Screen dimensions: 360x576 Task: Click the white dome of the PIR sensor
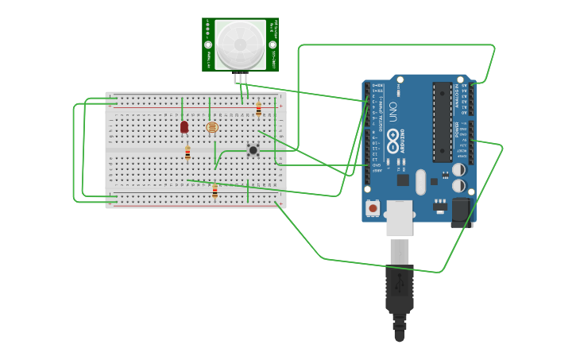pyautogui.click(x=240, y=45)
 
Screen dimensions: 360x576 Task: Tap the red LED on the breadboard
pyautogui.click(x=184, y=126)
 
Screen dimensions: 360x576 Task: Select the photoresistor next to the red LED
pyautogui.click(x=211, y=127)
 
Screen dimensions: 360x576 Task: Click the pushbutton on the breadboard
pyautogui.click(x=253, y=149)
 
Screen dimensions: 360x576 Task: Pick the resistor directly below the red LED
pyautogui.click(x=187, y=153)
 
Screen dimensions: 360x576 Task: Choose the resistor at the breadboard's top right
pyautogui.click(x=258, y=110)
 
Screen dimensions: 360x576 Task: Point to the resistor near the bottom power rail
pyautogui.click(x=215, y=190)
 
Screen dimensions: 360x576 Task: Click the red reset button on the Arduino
pyautogui.click(x=373, y=207)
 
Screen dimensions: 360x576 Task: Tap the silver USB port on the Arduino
pyautogui.click(x=400, y=217)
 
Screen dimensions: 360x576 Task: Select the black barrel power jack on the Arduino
pyautogui.click(x=462, y=211)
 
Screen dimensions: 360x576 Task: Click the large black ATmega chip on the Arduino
pyautogui.click(x=442, y=121)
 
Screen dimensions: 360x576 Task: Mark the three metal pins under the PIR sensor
pyautogui.click(x=241, y=78)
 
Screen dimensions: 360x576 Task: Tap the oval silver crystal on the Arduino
pyautogui.click(x=420, y=181)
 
